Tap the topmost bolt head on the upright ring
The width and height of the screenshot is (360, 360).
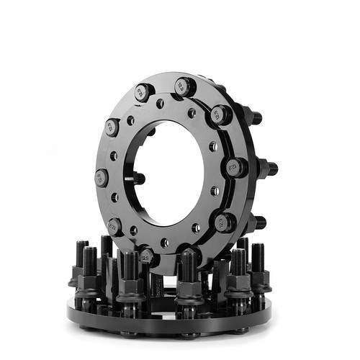pos(184,86)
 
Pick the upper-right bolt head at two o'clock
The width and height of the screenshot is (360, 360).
pos(221,114)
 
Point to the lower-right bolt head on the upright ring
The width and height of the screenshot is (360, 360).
pos(224,222)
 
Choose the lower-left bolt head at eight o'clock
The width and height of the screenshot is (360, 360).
pos(114,226)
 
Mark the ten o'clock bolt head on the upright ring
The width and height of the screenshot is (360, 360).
pos(112,128)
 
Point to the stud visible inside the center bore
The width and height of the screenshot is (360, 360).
pos(138,179)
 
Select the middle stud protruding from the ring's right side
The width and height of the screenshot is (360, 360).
pos(267,168)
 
